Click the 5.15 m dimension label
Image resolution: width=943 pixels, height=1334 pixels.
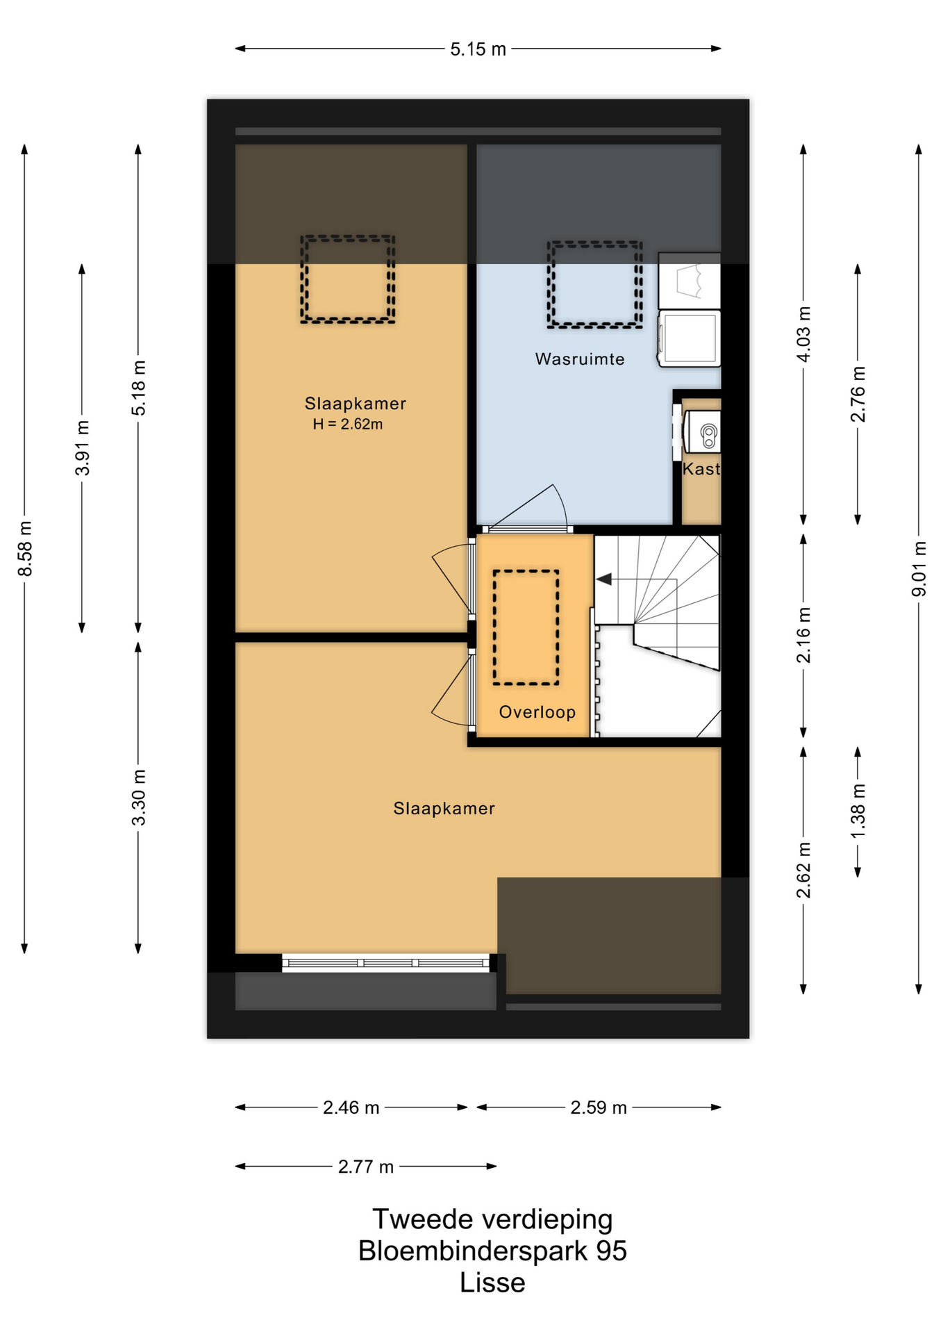tap(478, 49)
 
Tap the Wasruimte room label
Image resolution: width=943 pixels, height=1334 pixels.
tap(580, 359)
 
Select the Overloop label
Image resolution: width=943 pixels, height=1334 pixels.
tap(537, 712)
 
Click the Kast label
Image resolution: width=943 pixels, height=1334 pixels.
tap(701, 469)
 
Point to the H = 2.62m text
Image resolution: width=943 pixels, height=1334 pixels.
tap(347, 424)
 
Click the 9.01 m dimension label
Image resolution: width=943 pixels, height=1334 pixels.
tap(919, 568)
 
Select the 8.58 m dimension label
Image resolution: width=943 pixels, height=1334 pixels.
tap(25, 548)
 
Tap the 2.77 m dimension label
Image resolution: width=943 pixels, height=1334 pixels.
tap(366, 1167)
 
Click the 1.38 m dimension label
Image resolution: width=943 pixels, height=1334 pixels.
tap(858, 810)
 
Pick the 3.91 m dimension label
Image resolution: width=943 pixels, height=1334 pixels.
tap(82, 448)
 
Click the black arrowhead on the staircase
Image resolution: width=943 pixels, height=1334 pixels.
tap(604, 578)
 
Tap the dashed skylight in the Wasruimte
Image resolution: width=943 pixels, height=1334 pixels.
tap(594, 284)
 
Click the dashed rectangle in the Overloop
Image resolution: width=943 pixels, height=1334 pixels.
tap(526, 627)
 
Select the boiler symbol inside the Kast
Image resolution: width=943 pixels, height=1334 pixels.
tap(708, 435)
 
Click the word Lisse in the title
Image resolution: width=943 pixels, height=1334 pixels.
tap(492, 1282)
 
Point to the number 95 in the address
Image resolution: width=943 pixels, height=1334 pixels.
tap(611, 1251)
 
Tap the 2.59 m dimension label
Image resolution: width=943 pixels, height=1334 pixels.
tap(599, 1107)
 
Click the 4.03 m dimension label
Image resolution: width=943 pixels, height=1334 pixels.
tap(803, 334)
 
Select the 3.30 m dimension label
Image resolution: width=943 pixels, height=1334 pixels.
tap(139, 798)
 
